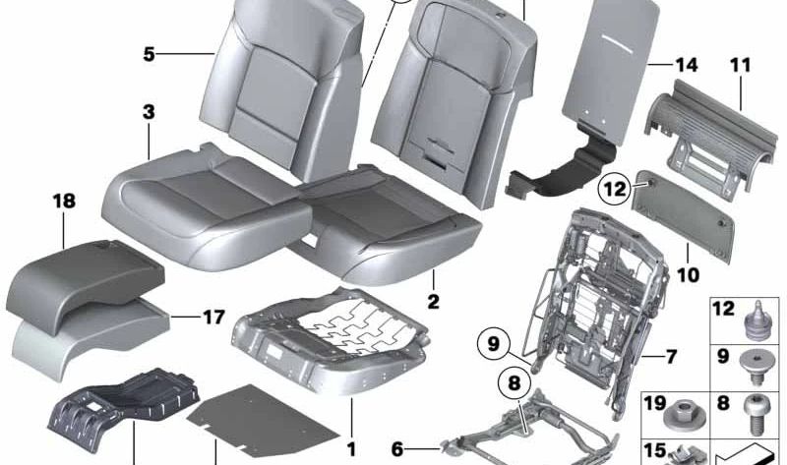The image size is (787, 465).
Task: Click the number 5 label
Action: tap(148, 53)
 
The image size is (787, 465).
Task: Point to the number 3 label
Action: tap(148, 113)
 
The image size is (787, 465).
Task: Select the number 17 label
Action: tap(213, 317)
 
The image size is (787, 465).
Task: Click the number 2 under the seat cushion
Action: tap(433, 301)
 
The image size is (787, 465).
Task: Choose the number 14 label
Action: tap(686, 66)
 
